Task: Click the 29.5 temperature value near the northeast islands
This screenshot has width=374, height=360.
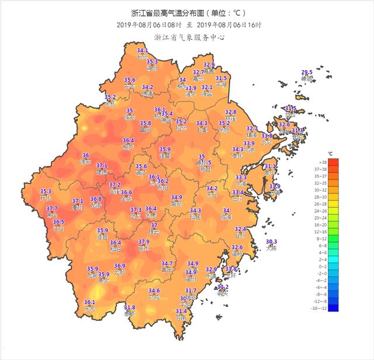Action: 307,71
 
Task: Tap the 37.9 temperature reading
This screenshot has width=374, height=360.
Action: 144,242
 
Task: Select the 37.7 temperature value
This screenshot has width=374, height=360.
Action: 52,209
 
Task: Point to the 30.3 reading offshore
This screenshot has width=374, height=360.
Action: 271,242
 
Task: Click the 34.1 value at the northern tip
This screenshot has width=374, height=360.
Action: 143,51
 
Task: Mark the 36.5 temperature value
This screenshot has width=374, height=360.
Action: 58,222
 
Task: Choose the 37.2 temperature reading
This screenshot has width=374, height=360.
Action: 115,185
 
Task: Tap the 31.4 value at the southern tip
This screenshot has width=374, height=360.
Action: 181,311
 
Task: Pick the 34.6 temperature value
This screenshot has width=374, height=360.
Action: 154,290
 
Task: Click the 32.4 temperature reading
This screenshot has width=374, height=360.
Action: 241,229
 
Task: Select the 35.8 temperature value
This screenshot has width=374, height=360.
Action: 146,123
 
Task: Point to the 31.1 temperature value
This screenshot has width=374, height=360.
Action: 271,167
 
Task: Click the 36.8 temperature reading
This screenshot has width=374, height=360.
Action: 96,199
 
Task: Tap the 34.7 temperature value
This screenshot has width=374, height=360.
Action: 167,264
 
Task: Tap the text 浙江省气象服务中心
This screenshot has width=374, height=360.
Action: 189,37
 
